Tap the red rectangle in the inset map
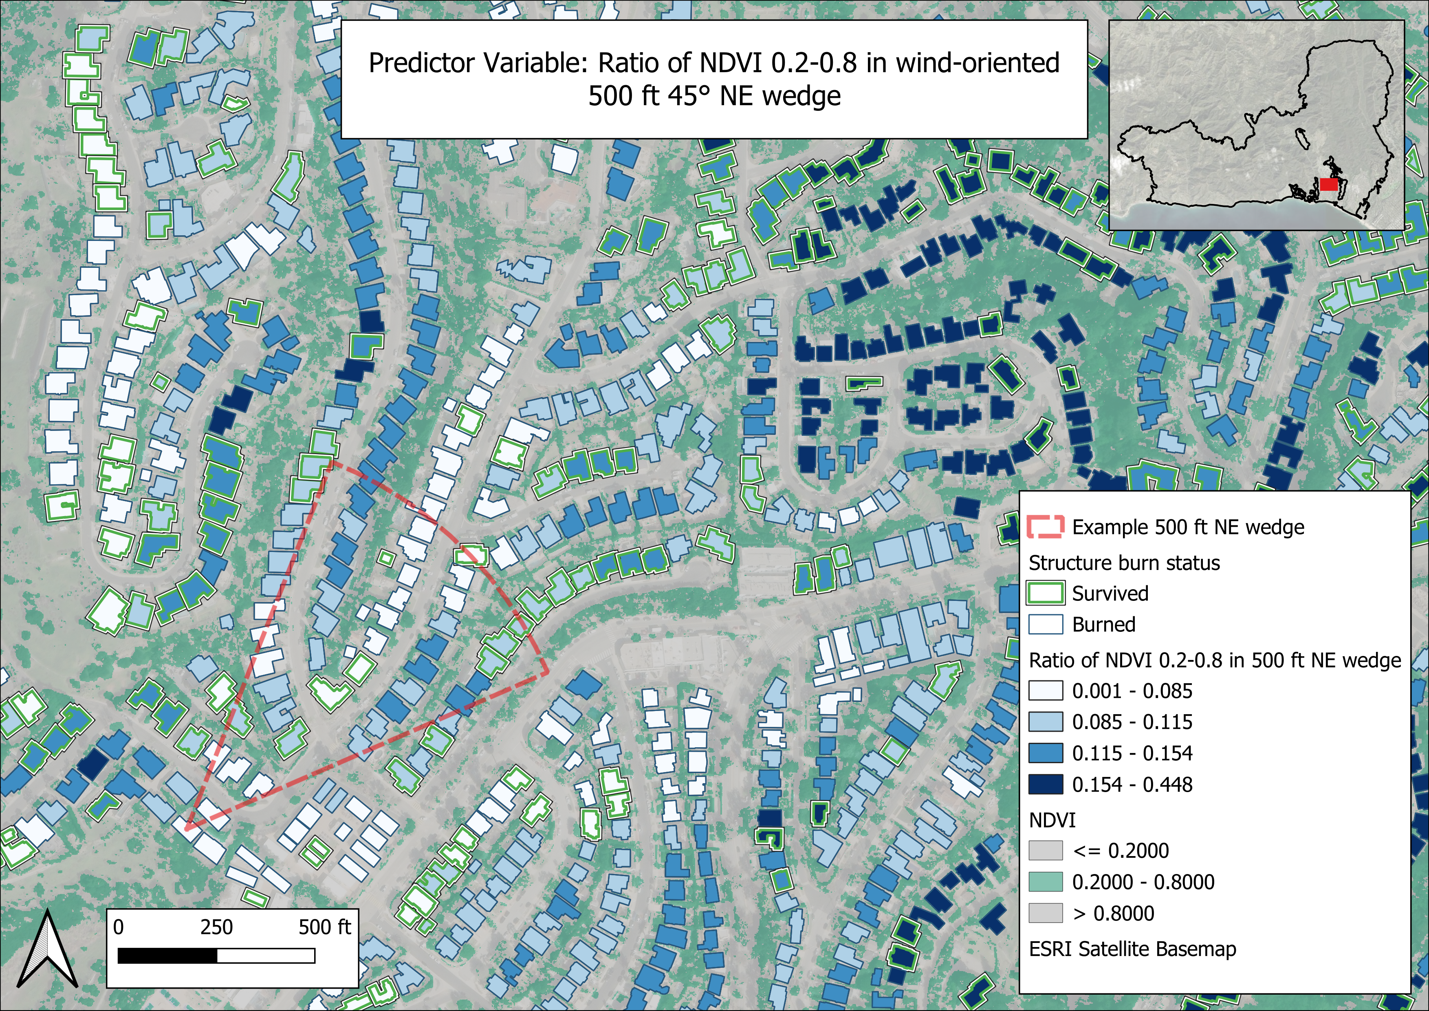pos(1329,184)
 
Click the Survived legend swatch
pos(1046,593)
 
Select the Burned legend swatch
pos(1046,625)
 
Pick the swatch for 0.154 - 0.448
pos(1046,784)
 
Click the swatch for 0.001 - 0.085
pos(1046,691)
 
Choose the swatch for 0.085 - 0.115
pos(1046,722)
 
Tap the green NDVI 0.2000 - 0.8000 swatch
pos(1046,881)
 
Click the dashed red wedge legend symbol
pos(1046,527)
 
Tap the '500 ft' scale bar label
pos(324,927)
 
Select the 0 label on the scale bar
pos(118,927)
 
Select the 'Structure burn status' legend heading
pos(1124,563)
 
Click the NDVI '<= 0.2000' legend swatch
pos(1046,850)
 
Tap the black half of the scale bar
pos(167,956)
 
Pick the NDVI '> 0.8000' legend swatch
pos(1046,913)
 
